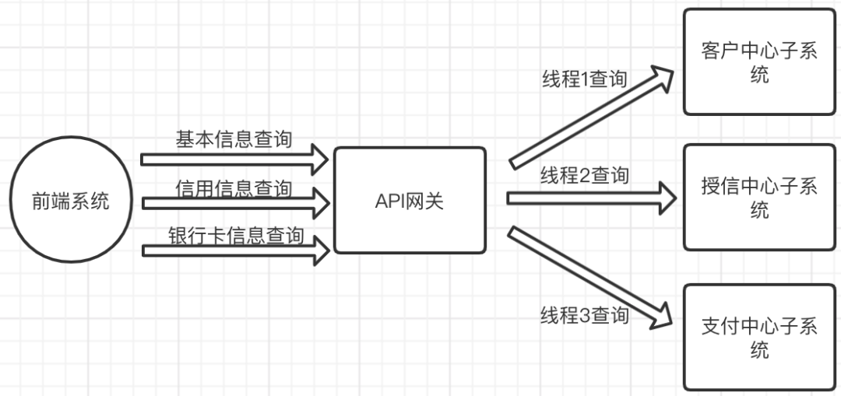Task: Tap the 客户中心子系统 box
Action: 758,62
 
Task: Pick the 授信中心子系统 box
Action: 758,198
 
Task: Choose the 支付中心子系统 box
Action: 758,337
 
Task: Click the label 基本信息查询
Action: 234,139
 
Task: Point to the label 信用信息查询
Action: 234,188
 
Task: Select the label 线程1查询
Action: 584,79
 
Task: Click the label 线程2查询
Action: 584,176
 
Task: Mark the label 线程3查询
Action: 584,315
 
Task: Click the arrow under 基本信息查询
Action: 234,159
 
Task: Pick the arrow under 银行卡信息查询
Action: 234,251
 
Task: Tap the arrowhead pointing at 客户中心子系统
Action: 662,76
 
